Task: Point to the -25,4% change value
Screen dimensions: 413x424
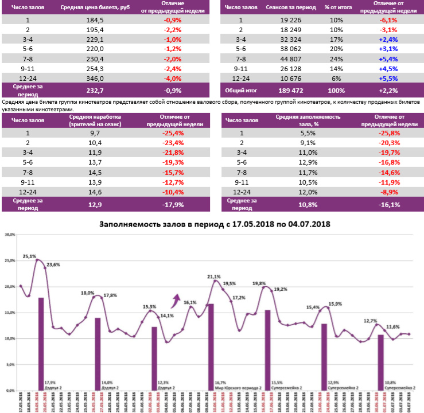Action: pos(173,133)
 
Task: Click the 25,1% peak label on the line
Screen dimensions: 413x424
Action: pos(29,256)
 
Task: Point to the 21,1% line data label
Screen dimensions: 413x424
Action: pos(213,276)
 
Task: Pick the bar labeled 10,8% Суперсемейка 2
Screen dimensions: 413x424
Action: pos(380,362)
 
